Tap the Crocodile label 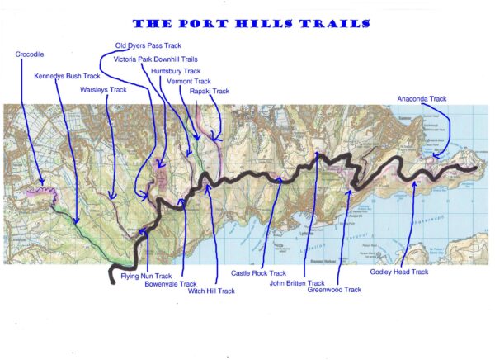pos(30,54)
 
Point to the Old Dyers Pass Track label pos(148,45)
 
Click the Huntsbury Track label pos(176,71)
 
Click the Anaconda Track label pos(422,99)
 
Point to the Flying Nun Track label pos(146,276)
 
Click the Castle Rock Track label pos(258,272)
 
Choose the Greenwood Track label pos(333,290)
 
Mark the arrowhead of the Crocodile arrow pos(44,182)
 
